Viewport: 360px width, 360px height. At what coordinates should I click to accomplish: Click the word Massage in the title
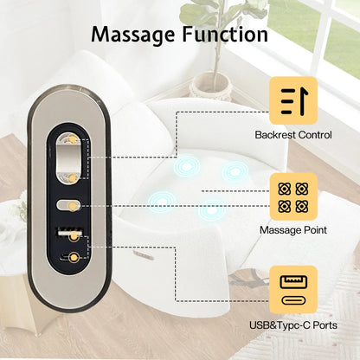click(x=133, y=35)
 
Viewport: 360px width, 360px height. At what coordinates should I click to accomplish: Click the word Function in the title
click(x=225, y=34)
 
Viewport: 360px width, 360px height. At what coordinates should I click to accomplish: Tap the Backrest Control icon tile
click(x=293, y=100)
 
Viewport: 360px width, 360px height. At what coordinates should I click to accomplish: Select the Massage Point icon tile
click(x=293, y=196)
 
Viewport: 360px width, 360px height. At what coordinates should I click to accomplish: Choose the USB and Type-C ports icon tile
click(x=293, y=290)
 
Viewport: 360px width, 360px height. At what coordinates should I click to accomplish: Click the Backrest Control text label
click(x=293, y=135)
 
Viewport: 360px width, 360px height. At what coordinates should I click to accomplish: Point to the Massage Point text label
click(x=293, y=230)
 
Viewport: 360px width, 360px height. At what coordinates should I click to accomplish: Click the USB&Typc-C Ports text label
click(x=293, y=325)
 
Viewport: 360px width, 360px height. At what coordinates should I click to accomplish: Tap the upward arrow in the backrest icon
click(x=303, y=101)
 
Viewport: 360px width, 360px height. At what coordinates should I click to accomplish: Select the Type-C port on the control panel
click(x=71, y=257)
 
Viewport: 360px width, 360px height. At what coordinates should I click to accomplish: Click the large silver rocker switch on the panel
click(x=68, y=158)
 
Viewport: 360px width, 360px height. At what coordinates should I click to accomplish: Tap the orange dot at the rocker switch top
click(x=72, y=139)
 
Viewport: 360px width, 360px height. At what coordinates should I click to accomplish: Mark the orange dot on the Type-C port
click(x=74, y=257)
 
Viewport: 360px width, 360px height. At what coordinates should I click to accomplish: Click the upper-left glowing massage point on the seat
click(x=187, y=166)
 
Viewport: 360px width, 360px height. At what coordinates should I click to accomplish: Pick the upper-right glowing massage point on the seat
click(x=235, y=172)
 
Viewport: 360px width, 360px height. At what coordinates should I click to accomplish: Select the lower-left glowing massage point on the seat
click(x=162, y=201)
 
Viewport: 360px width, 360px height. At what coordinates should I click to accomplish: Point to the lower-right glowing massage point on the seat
click(x=212, y=210)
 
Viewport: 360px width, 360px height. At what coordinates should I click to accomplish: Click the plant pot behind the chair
click(x=210, y=86)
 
